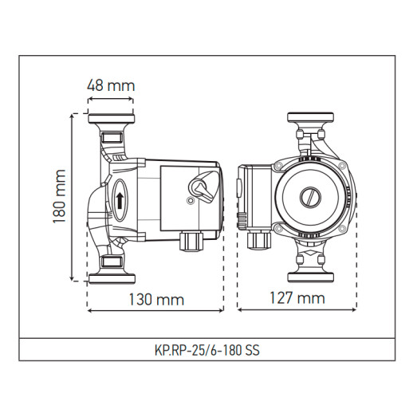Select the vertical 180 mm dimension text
(59, 196)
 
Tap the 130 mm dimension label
(156, 299)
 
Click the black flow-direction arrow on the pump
(120, 199)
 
